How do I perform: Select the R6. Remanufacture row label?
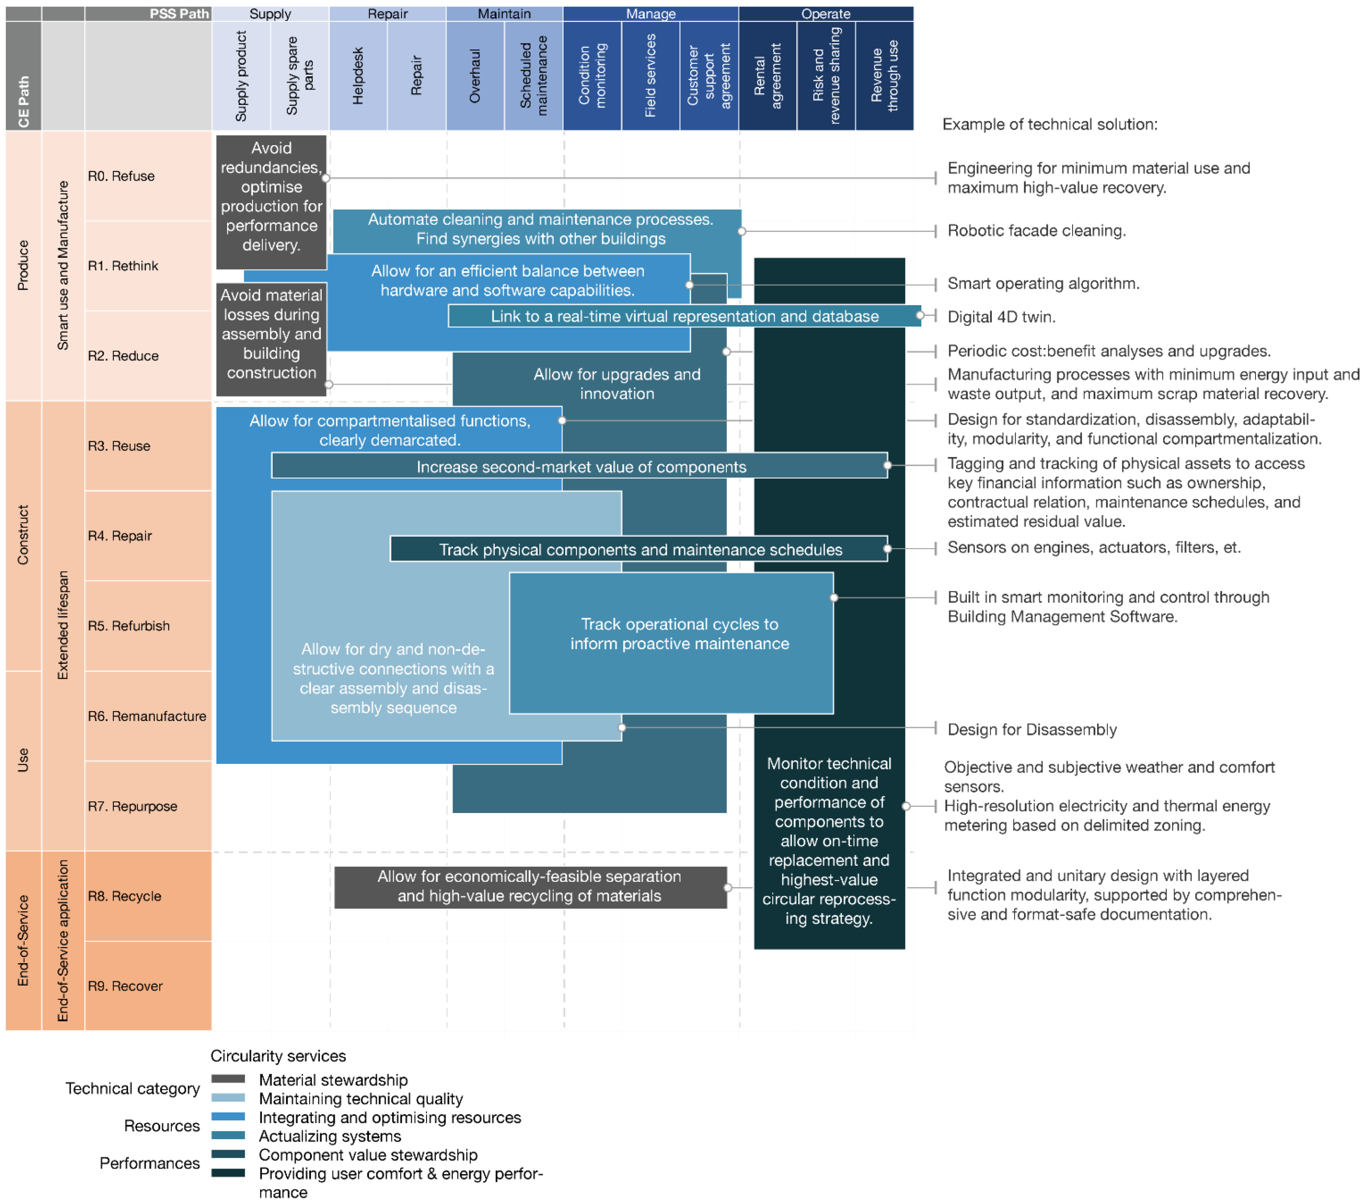point(147,716)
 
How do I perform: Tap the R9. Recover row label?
point(125,986)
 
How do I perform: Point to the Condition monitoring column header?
point(592,76)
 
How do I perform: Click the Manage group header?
point(650,13)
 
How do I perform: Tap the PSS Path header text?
point(179,13)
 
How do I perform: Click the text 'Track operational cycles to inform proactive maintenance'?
point(679,634)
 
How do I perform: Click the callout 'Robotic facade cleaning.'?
point(1036,231)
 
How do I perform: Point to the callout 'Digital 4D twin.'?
point(1001,317)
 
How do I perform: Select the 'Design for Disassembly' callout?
point(1031,729)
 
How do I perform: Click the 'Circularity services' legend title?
point(278,1056)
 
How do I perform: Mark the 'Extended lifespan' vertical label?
point(63,625)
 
